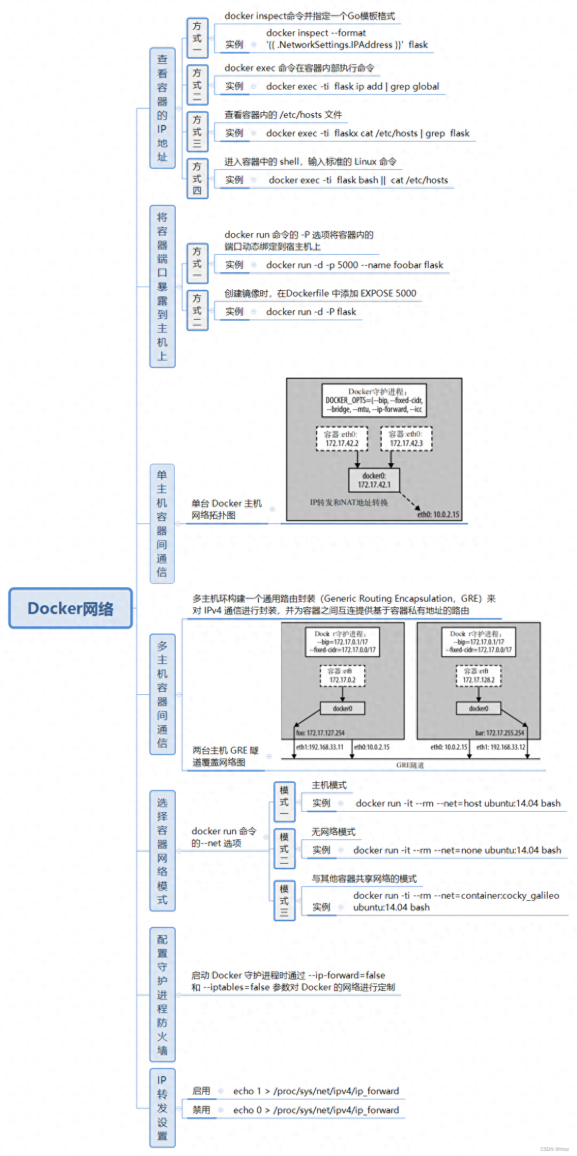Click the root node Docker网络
(71, 608)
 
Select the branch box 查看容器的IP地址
(162, 108)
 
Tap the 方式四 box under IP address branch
(197, 179)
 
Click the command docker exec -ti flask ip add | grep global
(352, 86)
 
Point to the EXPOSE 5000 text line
(320, 293)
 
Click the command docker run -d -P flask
(311, 312)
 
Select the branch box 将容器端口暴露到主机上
(162, 286)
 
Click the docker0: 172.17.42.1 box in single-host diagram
(374, 480)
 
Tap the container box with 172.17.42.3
(406, 439)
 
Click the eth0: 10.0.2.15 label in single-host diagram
(438, 514)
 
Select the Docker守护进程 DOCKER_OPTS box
(374, 400)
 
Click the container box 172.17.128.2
(479, 676)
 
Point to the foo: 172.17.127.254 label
(320, 733)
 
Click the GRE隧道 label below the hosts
(410, 765)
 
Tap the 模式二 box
(284, 849)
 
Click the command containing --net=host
(458, 803)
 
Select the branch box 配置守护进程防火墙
(162, 994)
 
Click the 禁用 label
(201, 1110)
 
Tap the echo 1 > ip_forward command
(316, 1091)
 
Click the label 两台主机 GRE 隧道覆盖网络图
(226, 756)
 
